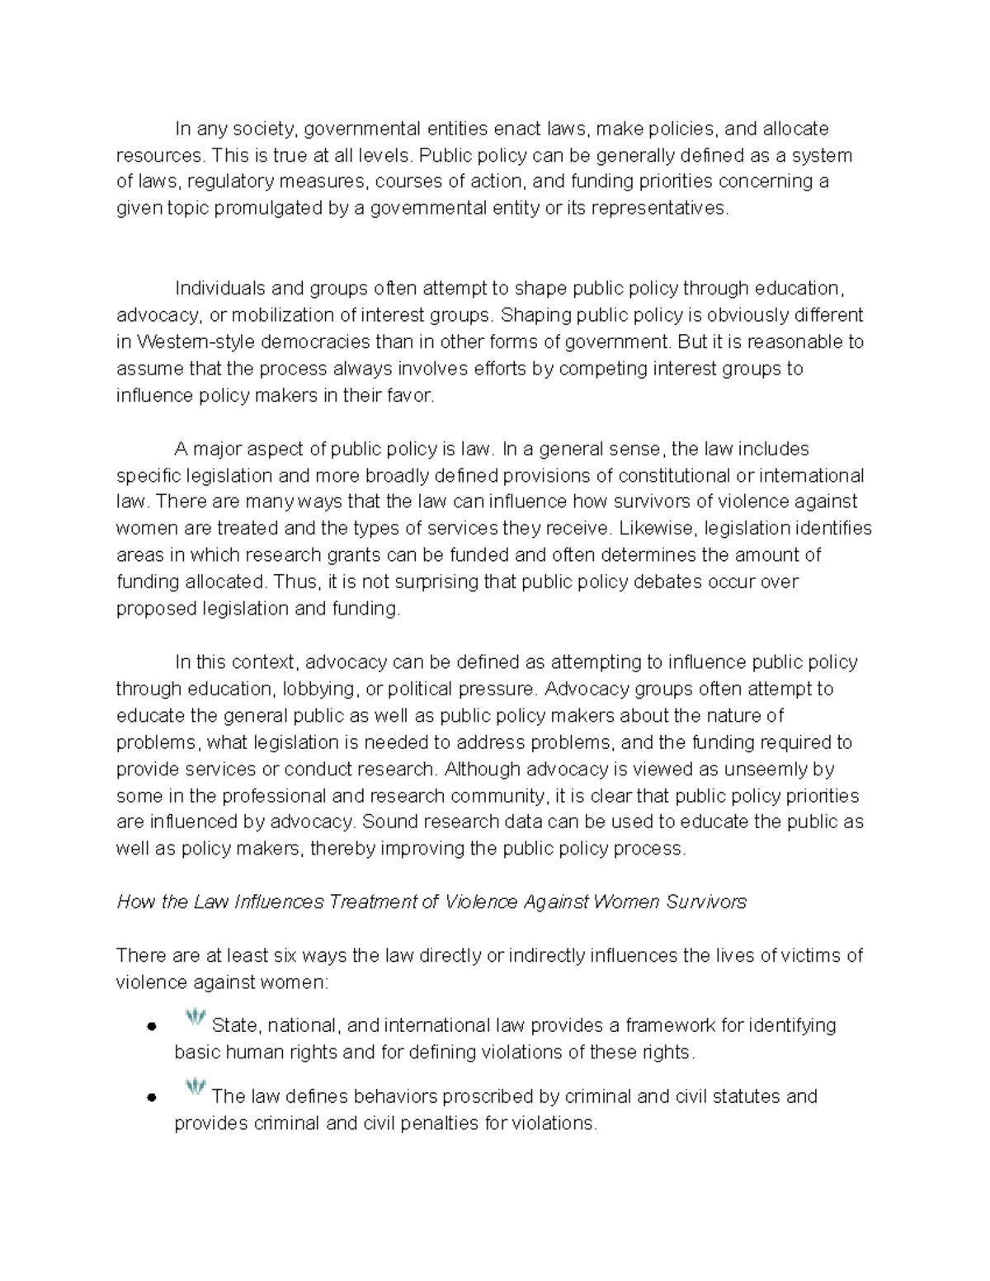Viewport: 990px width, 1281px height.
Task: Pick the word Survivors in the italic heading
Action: pos(706,902)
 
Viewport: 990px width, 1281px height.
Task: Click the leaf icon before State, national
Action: pos(195,1019)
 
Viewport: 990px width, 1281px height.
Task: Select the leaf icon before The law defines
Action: pos(195,1089)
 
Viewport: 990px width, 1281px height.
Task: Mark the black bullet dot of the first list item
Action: pos(151,1027)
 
